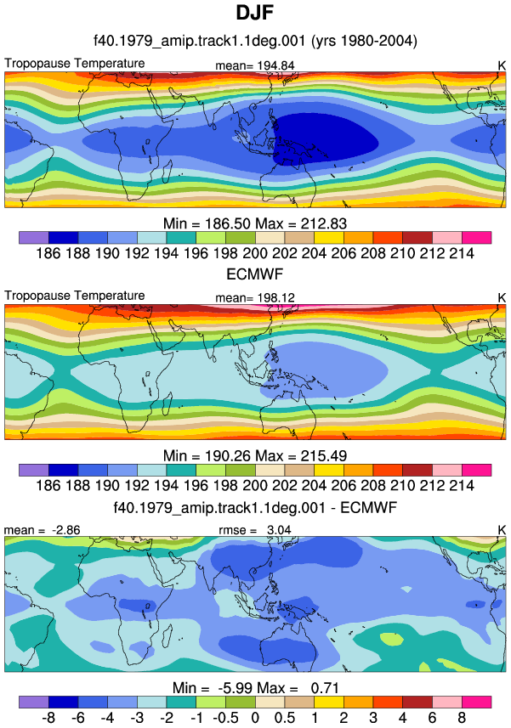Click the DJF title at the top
coord(254,13)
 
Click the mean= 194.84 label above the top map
coord(255,65)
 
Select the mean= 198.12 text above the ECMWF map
coord(255,297)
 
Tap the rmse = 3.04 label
coord(255,530)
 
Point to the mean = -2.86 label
coord(42,530)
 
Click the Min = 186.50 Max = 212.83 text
coord(255,223)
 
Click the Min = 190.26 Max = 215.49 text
coord(255,456)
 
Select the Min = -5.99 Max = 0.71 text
coord(255,687)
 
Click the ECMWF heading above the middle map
coord(254,274)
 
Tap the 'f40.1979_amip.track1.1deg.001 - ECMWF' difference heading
coord(255,507)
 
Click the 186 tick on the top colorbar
coord(48,253)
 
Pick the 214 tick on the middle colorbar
coord(462,485)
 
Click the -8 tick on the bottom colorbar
coord(48,718)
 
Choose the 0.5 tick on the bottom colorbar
coord(284,718)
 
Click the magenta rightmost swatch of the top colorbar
coord(477,238)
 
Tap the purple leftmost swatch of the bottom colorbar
coord(34,702)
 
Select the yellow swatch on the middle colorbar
coord(329,470)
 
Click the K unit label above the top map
coord(502,66)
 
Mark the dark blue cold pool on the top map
coord(325,136)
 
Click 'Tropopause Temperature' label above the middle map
coord(75,296)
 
